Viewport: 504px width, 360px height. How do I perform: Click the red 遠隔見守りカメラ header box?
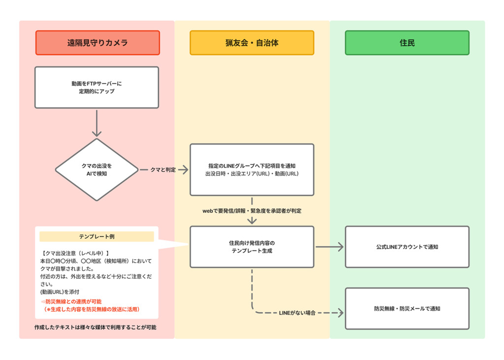(x=97, y=43)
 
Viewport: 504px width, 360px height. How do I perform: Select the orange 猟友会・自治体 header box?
(x=252, y=43)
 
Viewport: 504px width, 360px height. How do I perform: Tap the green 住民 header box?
(x=407, y=43)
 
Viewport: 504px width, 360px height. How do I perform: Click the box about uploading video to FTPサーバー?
(x=96, y=88)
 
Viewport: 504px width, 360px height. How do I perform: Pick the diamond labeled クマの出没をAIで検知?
(x=96, y=169)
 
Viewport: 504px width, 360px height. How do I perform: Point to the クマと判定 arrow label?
(x=163, y=170)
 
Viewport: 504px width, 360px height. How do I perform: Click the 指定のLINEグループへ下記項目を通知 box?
(x=252, y=166)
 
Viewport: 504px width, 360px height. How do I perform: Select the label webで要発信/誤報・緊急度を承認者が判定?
(x=252, y=211)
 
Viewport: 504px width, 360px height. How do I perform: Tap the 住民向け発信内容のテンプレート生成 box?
(x=252, y=247)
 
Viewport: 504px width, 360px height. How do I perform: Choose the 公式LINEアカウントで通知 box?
(x=407, y=247)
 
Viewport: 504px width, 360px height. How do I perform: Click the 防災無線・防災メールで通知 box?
(x=407, y=309)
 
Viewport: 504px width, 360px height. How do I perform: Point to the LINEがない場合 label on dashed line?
(x=297, y=313)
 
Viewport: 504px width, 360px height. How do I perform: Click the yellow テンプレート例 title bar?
(x=96, y=237)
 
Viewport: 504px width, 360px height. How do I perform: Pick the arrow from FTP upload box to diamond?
(x=96, y=123)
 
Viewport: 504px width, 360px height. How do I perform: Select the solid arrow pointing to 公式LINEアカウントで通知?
(x=329, y=247)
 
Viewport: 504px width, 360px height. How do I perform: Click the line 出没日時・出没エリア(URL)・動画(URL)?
(x=252, y=174)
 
